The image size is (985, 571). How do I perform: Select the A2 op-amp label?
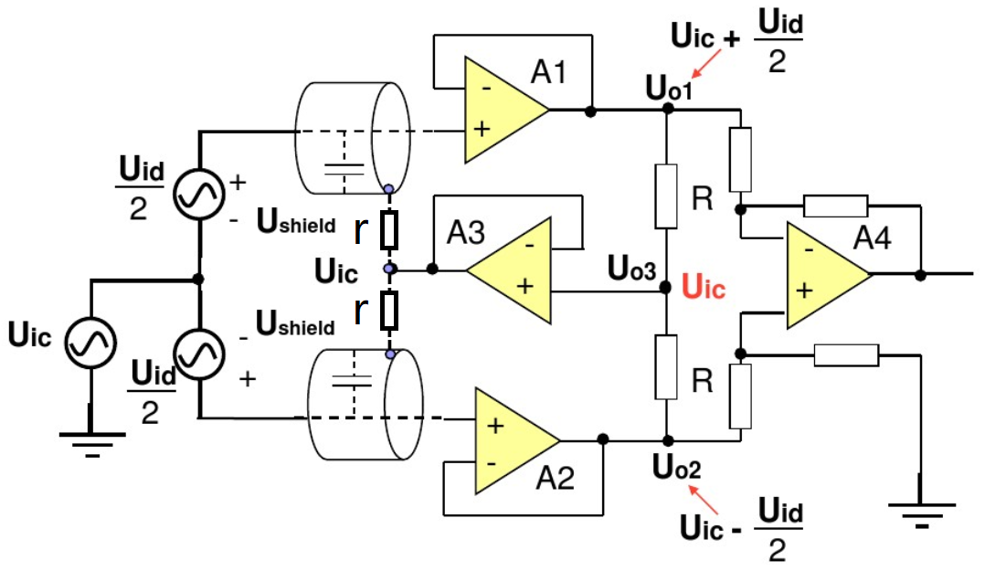[x=556, y=479]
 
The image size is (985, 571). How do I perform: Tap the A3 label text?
[x=465, y=233]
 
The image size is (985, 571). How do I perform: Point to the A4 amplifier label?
[x=872, y=238]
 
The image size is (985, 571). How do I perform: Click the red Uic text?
[x=704, y=287]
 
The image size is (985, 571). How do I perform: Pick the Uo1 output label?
[x=669, y=88]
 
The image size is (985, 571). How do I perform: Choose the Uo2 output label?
[x=676, y=467]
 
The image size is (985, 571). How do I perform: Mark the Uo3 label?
[x=631, y=269]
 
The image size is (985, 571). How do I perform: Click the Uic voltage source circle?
[x=90, y=343]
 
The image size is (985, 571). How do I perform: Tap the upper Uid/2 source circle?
[x=199, y=194]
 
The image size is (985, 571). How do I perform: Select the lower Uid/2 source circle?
[x=199, y=354]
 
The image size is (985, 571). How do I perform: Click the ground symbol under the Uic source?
[x=91, y=442]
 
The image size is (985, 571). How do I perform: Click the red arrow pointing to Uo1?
[x=706, y=65]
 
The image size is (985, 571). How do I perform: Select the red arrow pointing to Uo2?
[x=704, y=501]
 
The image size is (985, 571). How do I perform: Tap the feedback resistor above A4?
[x=835, y=206]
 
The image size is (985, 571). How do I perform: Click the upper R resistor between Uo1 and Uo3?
[x=666, y=196]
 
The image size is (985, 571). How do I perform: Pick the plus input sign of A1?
[x=482, y=129]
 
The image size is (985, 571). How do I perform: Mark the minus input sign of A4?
[x=809, y=249]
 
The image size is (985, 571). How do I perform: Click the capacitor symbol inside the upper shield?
[x=344, y=168]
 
